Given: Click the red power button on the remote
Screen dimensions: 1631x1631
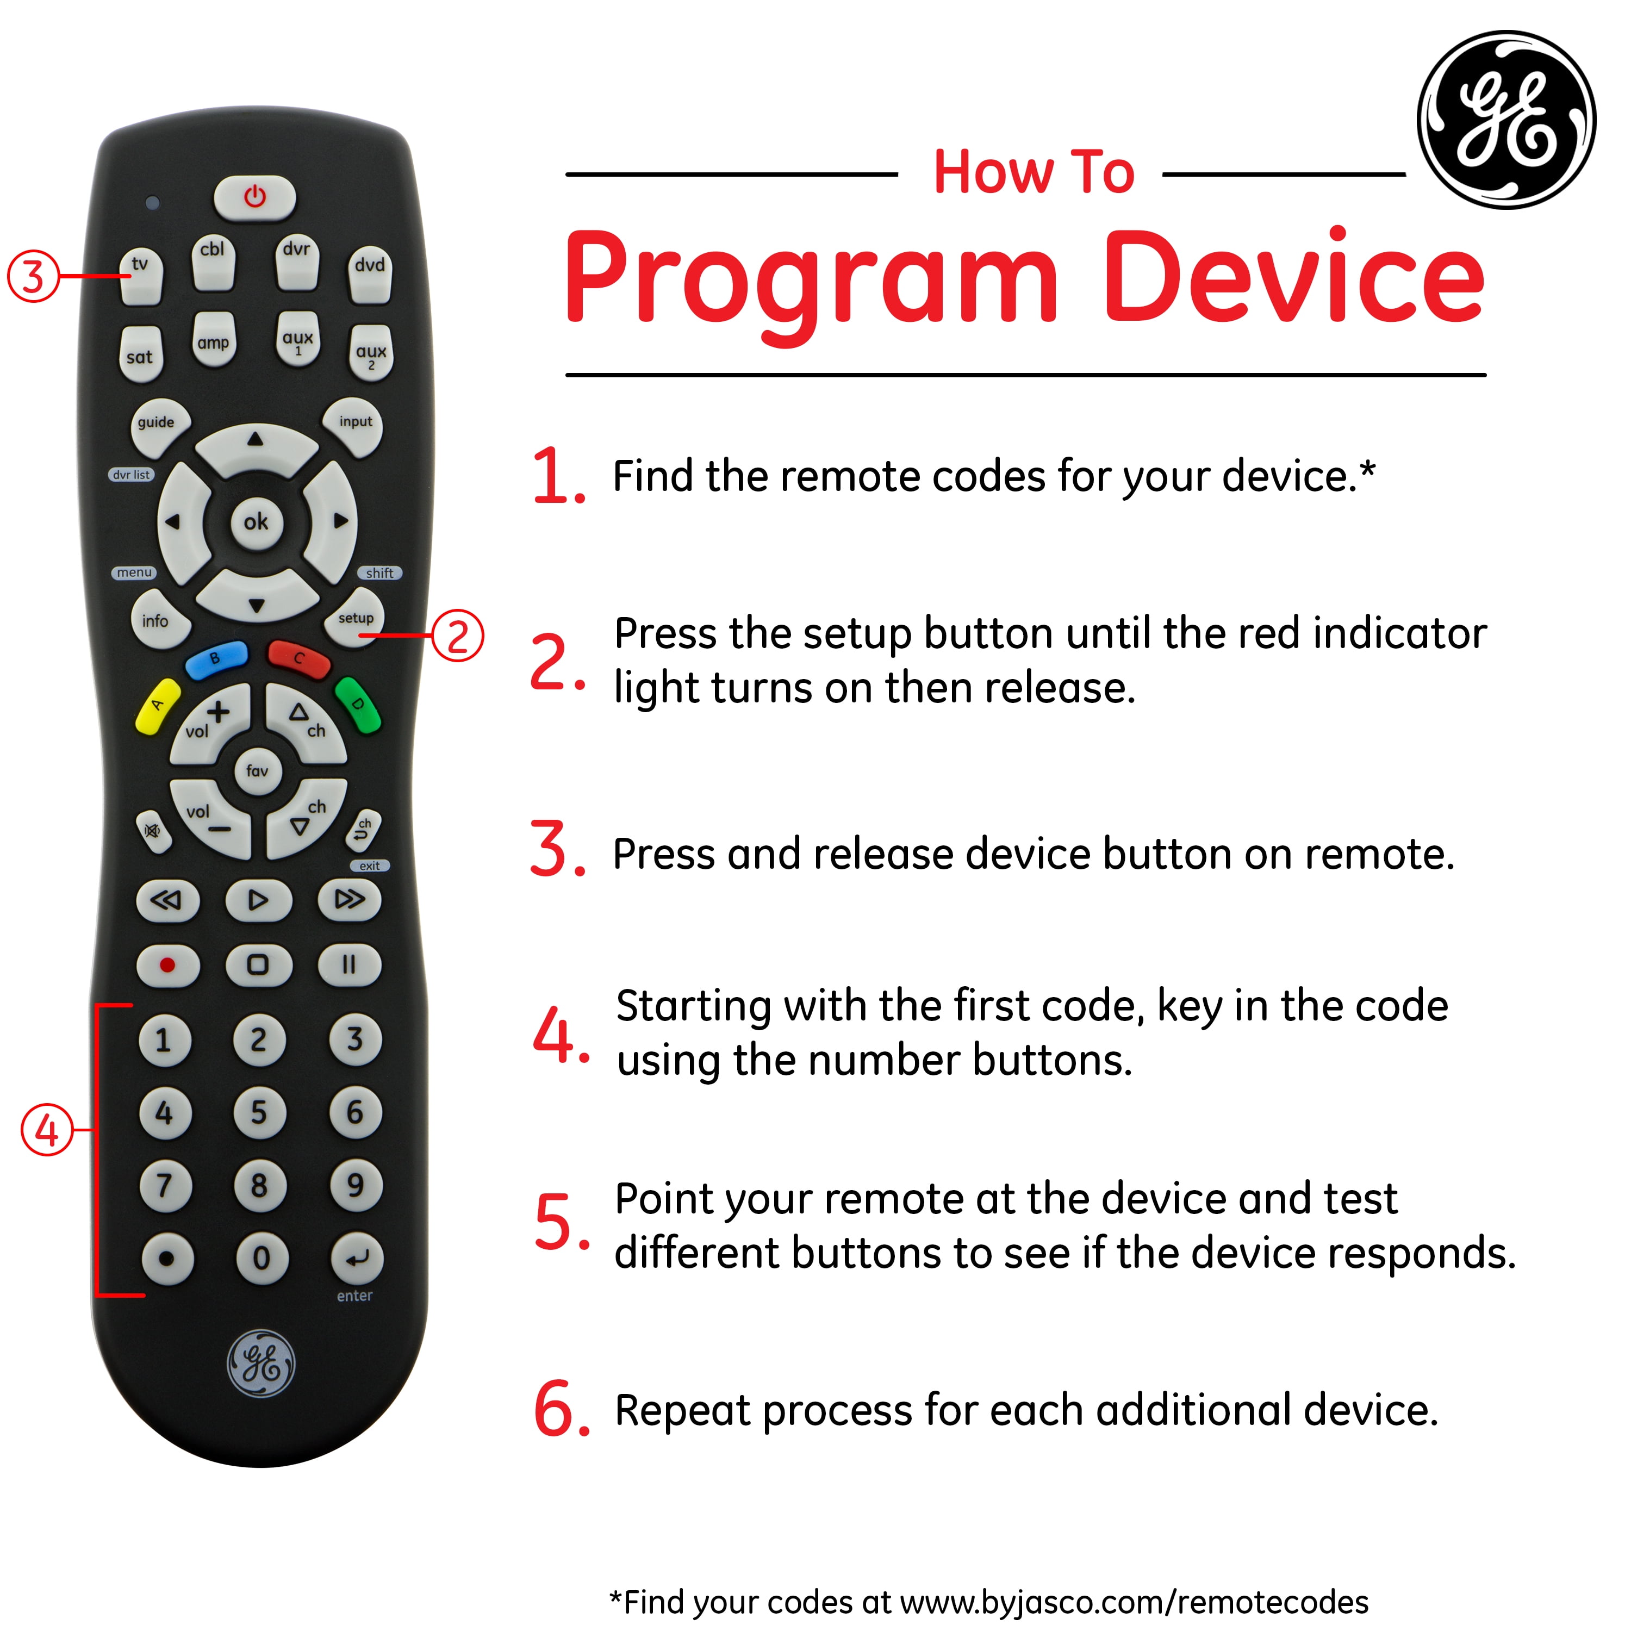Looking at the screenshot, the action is pyautogui.click(x=255, y=197).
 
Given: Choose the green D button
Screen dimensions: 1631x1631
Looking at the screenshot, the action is pyautogui.click(x=358, y=705).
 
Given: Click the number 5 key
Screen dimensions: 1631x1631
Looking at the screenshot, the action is pyautogui.click(x=259, y=1113).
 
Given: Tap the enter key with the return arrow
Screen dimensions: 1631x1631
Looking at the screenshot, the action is pyautogui.click(x=356, y=1259).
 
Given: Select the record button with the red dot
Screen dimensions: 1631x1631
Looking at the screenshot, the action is pyautogui.click(x=168, y=965).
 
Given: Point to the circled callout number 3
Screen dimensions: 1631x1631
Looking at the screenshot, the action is pyautogui.click(x=33, y=276).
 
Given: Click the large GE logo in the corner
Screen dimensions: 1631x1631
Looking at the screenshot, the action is pyautogui.click(x=1507, y=120).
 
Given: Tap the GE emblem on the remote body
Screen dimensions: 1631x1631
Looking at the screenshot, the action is pyautogui.click(x=262, y=1364).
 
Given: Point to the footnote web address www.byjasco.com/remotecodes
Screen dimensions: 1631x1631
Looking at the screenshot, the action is pyautogui.click(x=1134, y=1602).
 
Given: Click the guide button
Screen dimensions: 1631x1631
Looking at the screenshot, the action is pyautogui.click(x=158, y=425).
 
